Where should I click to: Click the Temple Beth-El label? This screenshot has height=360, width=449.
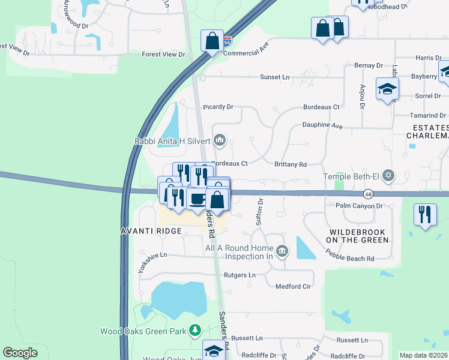[352, 176]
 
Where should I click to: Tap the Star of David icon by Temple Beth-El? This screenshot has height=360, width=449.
[389, 175]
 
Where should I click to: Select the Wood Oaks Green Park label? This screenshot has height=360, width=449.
[143, 331]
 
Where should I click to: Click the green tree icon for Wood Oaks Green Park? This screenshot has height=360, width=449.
[194, 330]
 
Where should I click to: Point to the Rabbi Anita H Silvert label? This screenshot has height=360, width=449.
[172, 141]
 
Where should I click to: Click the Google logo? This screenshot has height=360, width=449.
[20, 353]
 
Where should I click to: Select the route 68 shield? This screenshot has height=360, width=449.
[368, 194]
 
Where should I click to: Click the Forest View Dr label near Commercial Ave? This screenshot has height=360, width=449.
[163, 54]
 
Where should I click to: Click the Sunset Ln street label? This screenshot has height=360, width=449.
[274, 77]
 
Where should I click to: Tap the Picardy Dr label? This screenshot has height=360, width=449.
[218, 107]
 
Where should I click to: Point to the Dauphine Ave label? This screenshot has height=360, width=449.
[322, 127]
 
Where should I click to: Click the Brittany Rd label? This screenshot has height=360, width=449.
[291, 164]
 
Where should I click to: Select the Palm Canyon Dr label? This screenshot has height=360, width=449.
[359, 206]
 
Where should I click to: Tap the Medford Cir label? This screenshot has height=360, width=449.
[293, 286]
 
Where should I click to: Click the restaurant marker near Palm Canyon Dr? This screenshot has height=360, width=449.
[425, 214]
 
